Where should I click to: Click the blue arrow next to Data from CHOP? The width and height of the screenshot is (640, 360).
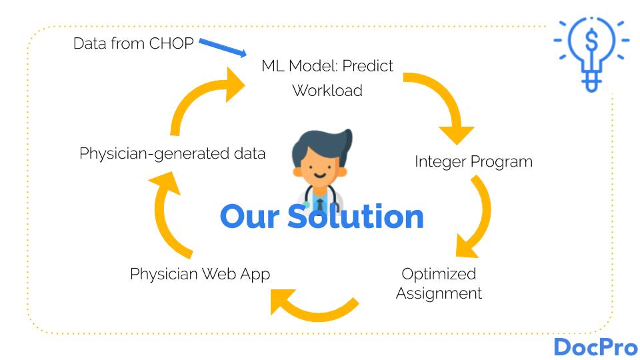[223, 48]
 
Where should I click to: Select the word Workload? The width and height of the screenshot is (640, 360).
[327, 90]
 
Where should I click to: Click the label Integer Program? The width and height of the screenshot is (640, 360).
[473, 161]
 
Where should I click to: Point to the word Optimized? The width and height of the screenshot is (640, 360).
[439, 273]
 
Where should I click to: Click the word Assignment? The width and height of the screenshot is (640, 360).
[439, 293]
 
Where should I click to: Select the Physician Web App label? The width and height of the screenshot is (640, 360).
[200, 274]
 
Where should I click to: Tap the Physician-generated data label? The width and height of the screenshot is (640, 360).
[172, 153]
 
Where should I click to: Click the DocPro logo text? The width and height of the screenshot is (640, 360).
[595, 347]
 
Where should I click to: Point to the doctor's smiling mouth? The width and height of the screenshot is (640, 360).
[319, 178]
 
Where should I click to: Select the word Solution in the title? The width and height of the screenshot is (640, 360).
[356, 217]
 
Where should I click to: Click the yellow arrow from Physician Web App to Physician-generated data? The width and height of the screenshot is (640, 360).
[170, 213]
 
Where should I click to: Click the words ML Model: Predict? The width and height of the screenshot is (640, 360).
[327, 66]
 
